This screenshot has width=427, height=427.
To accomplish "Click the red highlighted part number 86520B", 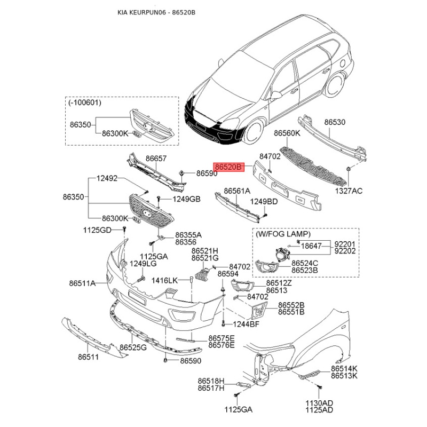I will point(229,167).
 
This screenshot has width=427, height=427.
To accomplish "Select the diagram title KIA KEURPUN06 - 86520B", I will point(156,12).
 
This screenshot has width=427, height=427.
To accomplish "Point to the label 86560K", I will point(287,133).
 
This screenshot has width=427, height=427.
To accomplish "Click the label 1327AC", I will point(349,189).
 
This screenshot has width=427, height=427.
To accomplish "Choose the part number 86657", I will point(156,159).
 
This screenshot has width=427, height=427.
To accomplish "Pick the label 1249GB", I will point(186,199).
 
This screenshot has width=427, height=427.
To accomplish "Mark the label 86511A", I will point(82,283).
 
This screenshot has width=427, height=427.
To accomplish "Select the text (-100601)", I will point(85,101).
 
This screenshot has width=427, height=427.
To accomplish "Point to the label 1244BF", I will point(246,324).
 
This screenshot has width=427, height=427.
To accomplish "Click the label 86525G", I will point(133,347).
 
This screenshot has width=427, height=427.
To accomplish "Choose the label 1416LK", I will point(164,280).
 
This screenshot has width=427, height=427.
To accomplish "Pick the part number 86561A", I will point(236,190).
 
